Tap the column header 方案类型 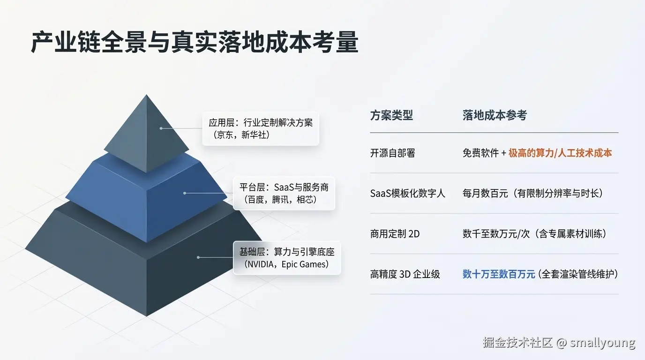391,115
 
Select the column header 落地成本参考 495,115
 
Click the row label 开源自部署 392,153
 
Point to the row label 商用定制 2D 395,233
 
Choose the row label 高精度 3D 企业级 405,274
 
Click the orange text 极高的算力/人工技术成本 560,153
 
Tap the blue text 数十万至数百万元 499,274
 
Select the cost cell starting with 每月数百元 532,193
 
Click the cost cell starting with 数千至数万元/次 534,233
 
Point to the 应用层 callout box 261,128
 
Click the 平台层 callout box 284,193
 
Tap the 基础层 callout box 287,258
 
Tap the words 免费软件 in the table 480,153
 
